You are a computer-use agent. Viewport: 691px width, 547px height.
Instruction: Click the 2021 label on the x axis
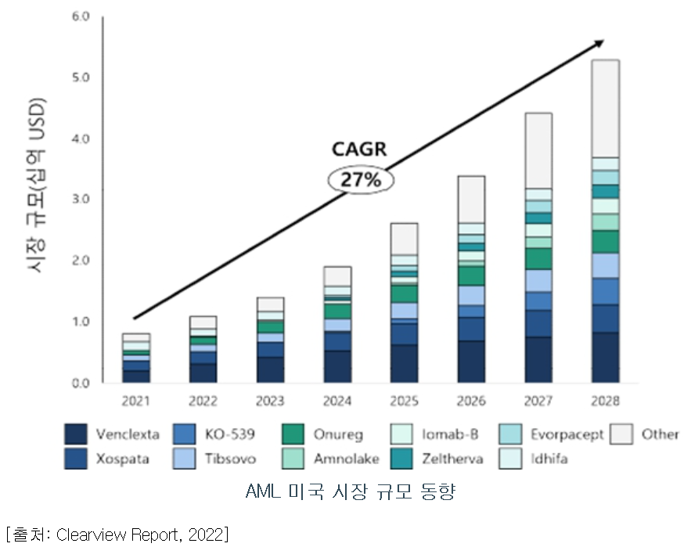136,401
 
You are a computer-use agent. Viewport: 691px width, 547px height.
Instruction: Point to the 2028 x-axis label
606,401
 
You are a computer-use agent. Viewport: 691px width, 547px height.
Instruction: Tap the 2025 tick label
404,401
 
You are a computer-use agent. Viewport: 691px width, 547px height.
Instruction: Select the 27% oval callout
360,180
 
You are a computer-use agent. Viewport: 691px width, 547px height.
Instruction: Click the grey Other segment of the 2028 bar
606,108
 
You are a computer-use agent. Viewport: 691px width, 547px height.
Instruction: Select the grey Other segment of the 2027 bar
538,150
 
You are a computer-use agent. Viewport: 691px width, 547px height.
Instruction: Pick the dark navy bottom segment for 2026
471,362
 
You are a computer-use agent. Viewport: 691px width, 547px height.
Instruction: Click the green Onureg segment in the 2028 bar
606,242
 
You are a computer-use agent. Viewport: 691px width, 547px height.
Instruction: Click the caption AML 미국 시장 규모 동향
350,492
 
